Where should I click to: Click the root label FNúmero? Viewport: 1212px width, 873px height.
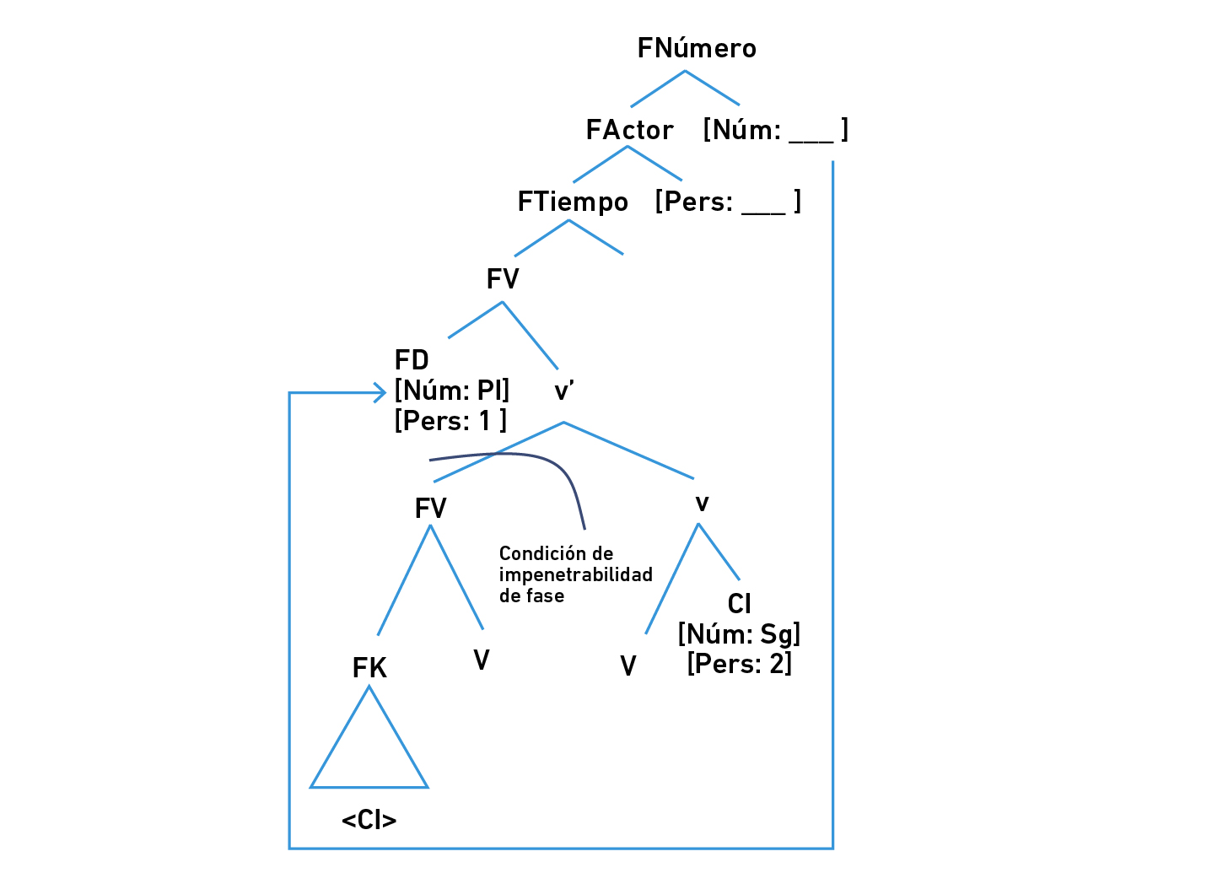coord(696,48)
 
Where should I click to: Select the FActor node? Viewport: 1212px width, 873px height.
coord(629,130)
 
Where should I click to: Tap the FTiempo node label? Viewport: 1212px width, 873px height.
coord(573,202)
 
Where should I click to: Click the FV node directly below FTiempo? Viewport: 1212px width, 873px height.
coord(503,279)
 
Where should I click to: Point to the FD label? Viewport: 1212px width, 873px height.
coord(412,360)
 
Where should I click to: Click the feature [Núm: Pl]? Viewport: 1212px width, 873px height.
coord(452,391)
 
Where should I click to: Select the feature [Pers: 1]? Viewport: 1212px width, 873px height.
coord(450,420)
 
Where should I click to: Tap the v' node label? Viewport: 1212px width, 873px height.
coord(564,391)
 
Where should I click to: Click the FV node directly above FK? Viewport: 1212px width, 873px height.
coord(430,508)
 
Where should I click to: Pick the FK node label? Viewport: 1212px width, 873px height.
coord(369,668)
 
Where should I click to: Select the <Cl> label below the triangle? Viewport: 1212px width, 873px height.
coord(369,819)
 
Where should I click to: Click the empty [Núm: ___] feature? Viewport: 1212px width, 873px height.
coord(775,130)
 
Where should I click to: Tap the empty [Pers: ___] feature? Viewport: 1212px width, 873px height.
coord(728,202)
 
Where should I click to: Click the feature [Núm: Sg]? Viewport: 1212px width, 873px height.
coord(739,633)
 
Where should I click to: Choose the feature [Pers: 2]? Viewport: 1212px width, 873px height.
coord(739,664)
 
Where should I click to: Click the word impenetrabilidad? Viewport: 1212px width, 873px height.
coord(575,574)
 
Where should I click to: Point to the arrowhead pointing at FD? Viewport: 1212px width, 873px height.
coord(380,392)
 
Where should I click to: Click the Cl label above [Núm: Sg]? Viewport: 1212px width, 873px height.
coord(739,604)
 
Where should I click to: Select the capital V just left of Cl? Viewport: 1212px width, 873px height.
coord(628,666)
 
